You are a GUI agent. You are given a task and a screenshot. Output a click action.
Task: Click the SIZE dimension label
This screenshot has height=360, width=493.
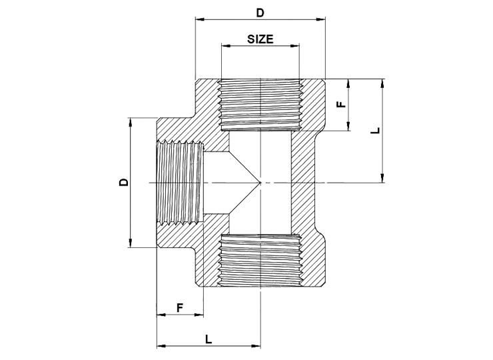point(260,39)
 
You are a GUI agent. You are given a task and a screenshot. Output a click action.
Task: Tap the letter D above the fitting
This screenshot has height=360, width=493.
point(260,13)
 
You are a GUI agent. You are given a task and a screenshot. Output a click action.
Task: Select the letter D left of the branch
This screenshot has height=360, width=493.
point(124,182)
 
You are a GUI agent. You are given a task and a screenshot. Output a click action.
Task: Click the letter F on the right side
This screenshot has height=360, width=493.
point(342,104)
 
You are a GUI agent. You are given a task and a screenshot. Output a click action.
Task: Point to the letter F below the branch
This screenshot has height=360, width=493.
point(179,307)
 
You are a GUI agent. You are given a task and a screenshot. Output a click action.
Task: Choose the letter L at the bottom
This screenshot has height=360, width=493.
point(209,339)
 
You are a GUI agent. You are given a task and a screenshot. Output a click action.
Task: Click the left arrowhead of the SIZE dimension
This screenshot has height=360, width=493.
point(226,46)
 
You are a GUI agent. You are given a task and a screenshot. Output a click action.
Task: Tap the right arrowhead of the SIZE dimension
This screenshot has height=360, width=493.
point(294,46)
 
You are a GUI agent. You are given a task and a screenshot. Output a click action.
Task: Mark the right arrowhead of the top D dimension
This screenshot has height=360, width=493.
point(320,19)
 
